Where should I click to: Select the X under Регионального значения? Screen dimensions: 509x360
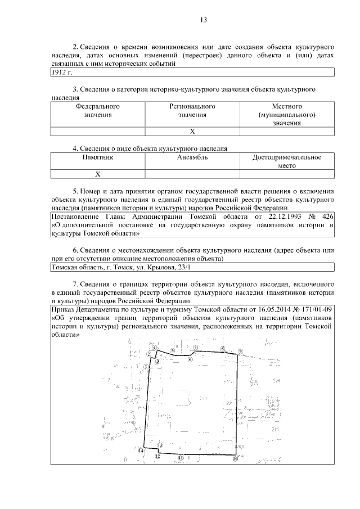pyautogui.click(x=192, y=132)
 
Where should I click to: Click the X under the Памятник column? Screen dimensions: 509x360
pyautogui.click(x=98, y=174)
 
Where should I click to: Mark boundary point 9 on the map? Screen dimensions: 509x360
pyautogui.click(x=240, y=352)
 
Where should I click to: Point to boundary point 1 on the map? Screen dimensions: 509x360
pyautogui.click(x=146, y=366)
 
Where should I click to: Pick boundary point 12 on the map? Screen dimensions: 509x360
pyautogui.click(x=157, y=457)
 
